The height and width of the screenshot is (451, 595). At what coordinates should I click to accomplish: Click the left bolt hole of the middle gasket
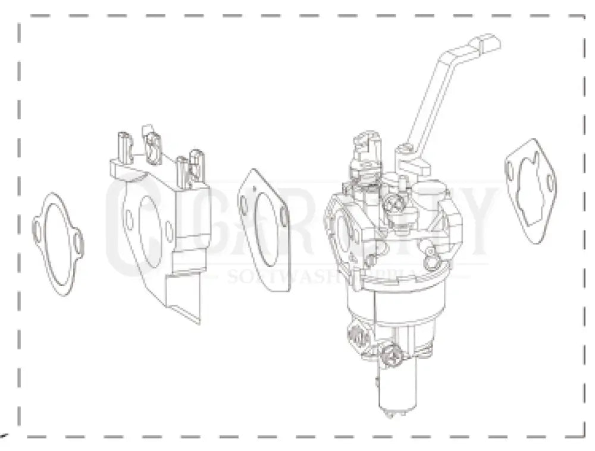point(244,203)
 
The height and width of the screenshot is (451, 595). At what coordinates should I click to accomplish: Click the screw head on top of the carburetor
point(393,205)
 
